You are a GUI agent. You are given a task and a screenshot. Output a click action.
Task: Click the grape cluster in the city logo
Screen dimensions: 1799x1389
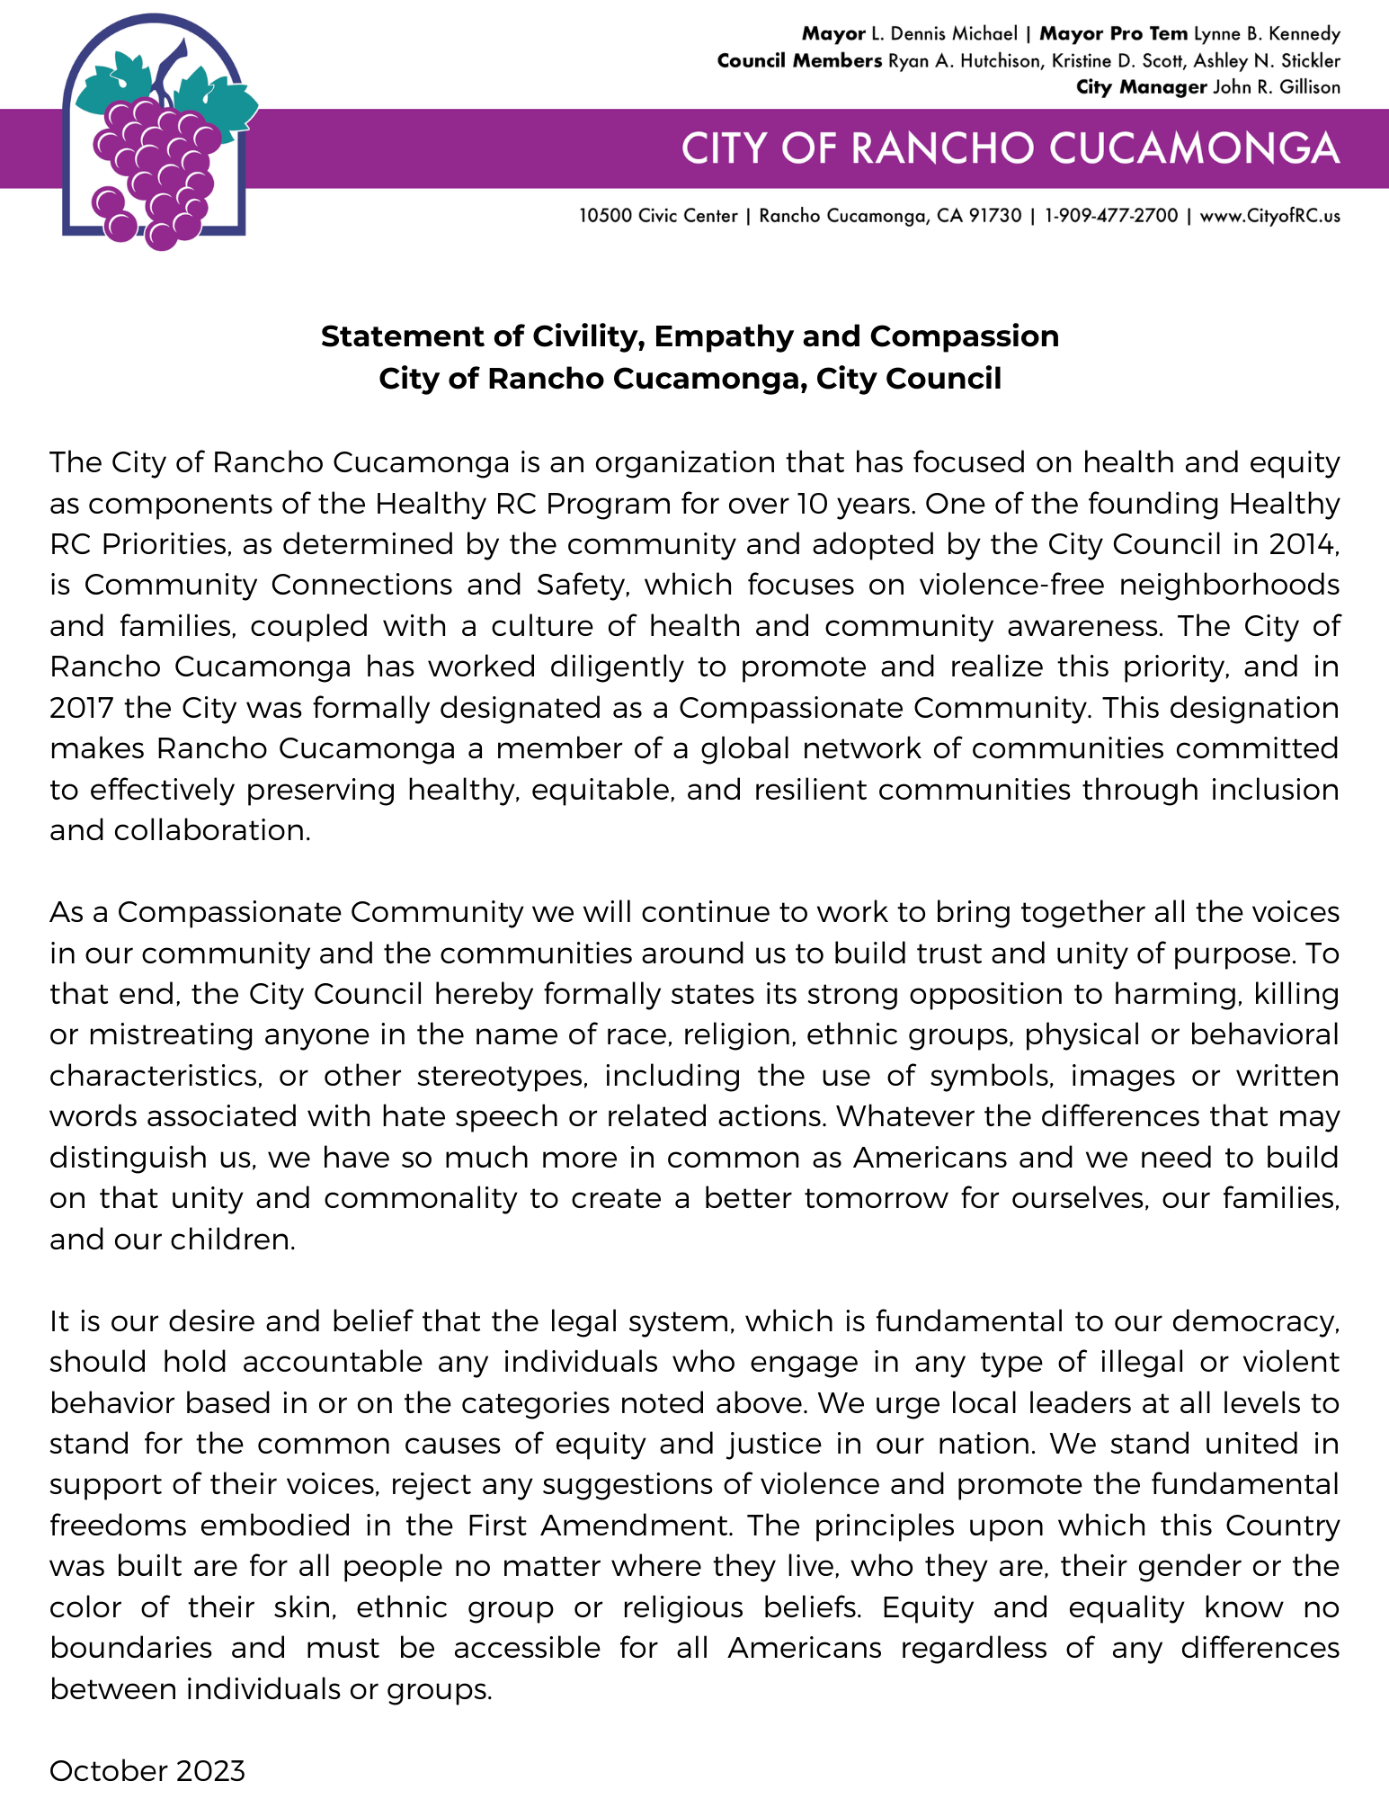155,171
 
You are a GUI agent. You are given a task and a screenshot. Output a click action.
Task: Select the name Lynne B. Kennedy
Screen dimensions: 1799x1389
1267,34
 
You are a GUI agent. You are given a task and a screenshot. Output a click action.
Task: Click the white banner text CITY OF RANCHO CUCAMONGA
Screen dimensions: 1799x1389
1010,148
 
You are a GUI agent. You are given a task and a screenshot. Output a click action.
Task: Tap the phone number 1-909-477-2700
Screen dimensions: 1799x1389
1110,216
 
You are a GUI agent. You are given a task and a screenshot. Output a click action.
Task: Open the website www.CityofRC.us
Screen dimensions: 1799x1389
1270,216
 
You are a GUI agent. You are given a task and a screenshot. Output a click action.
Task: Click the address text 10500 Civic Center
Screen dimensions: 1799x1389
657,216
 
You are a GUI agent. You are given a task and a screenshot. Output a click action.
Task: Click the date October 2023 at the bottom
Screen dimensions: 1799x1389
147,1771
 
